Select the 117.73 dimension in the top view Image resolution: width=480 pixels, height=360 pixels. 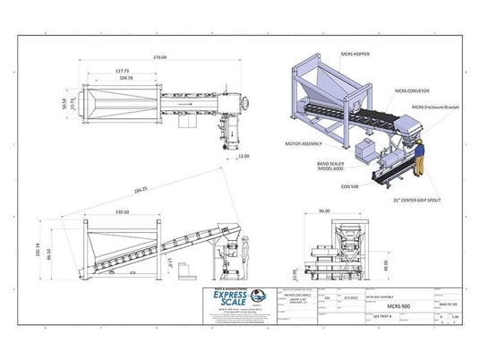[x=123, y=72]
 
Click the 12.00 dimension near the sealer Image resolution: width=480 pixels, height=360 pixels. [x=244, y=155]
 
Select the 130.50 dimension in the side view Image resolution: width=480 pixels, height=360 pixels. [x=124, y=211]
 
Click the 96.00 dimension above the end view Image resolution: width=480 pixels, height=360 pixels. [x=324, y=212]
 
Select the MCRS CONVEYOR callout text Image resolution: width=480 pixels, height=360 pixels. [x=412, y=90]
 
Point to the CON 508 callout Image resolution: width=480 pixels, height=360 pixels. [x=350, y=186]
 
